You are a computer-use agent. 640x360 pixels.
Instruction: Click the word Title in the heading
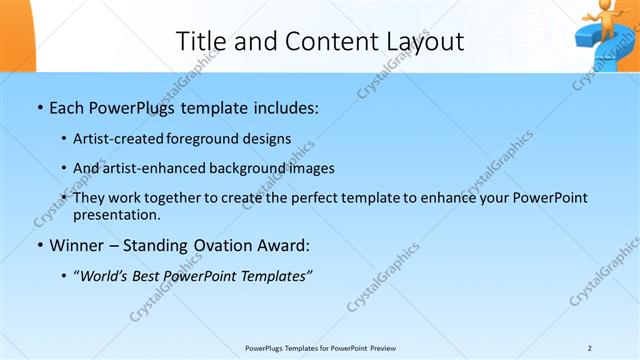pyautogui.click(x=200, y=41)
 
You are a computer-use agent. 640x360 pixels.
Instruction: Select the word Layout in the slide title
pyautogui.click(x=427, y=41)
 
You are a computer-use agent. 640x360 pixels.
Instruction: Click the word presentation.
pyautogui.click(x=116, y=214)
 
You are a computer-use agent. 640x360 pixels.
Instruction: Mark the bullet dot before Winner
pyautogui.click(x=39, y=245)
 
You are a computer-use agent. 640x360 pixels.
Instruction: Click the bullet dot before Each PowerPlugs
pyautogui.click(x=39, y=107)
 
